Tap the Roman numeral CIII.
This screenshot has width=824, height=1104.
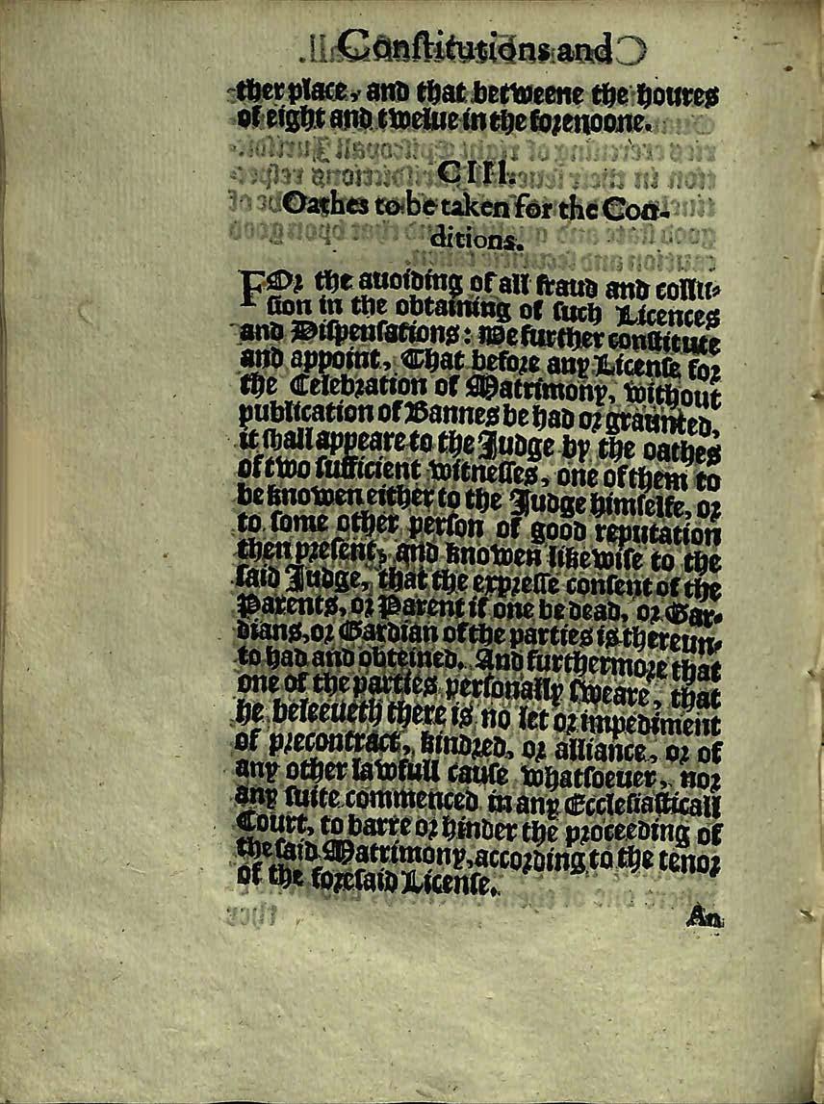[x=467, y=172]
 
